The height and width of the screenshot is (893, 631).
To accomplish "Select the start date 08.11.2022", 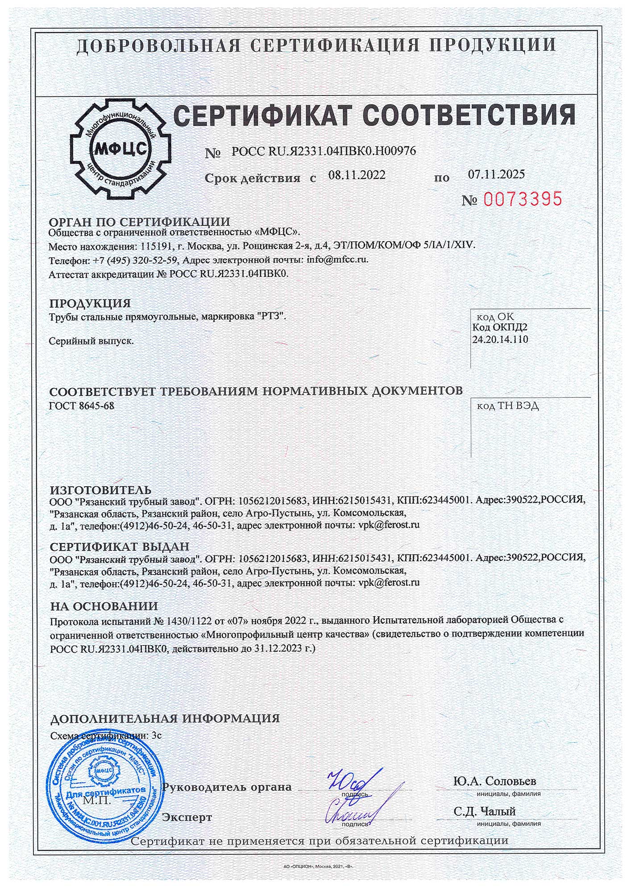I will tap(357, 175).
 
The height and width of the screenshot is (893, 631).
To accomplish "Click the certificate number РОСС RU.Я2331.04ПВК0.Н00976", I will tap(324, 151).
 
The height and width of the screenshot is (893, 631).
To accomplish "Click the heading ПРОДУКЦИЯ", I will tap(90, 304).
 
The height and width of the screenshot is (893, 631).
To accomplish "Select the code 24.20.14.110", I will tap(500, 339).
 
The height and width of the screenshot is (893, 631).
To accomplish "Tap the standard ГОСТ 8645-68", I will tap(79, 405).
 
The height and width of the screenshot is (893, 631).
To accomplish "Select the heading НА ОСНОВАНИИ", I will tap(104, 606).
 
